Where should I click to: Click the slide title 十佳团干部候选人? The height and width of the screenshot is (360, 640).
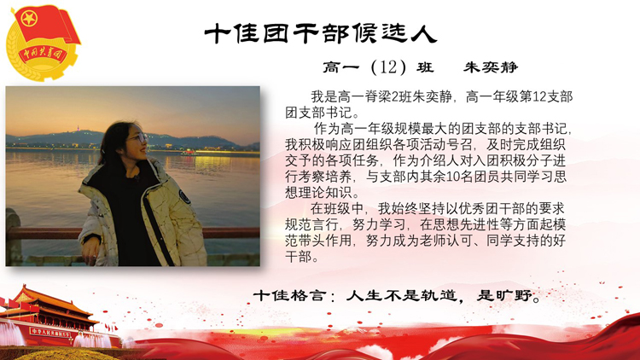pyautogui.click(x=320, y=33)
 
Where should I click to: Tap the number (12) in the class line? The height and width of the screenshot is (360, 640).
pyautogui.click(x=388, y=67)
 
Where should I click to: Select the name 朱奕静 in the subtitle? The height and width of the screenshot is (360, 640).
pyautogui.click(x=490, y=67)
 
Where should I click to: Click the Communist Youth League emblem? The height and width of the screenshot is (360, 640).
pyautogui.click(x=43, y=42)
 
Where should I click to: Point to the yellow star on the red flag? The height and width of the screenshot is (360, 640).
pyautogui.click(x=29, y=19)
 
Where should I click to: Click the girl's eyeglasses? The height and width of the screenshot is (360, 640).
pyautogui.click(x=139, y=138)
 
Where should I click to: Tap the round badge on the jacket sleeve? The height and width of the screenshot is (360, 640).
pyautogui.click(x=184, y=196)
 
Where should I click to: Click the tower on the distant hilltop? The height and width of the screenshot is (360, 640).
pyautogui.click(x=78, y=129)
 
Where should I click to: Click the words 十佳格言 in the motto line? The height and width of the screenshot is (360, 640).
pyautogui.click(x=289, y=295)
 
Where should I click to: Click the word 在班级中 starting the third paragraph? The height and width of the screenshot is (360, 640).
pyautogui.click(x=337, y=208)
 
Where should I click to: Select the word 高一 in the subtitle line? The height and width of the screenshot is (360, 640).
pyautogui.click(x=341, y=67)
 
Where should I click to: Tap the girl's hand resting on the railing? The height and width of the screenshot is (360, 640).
pyautogui.click(x=90, y=250)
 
